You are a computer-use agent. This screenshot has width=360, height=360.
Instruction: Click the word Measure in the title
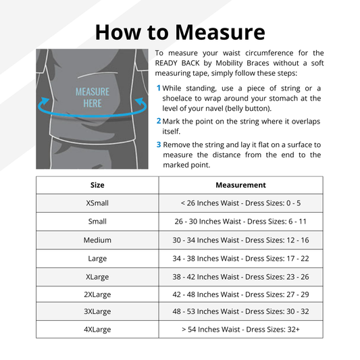coord(220,32)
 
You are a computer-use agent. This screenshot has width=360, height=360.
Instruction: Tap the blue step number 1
coord(159,88)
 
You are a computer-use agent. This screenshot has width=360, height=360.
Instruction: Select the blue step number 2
coord(159,121)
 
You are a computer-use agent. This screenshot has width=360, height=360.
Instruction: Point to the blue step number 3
coord(159,145)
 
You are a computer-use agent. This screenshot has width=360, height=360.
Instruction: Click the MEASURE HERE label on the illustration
coord(93,97)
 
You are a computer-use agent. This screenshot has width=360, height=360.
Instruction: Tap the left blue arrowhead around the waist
coord(45,101)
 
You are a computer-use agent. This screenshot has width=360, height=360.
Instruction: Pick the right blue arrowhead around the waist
coord(139,101)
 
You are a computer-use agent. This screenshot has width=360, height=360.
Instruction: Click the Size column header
coord(97,185)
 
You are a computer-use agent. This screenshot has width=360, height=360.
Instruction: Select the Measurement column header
coord(240,185)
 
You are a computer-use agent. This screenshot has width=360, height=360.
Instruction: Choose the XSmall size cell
coord(97,203)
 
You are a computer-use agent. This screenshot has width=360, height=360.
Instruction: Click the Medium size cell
coord(97,240)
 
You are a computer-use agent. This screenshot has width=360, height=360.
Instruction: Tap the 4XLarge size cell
coord(97,330)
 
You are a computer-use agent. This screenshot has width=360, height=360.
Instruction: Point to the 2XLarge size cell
coord(97,294)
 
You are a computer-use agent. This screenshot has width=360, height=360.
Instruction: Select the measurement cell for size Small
coord(240,222)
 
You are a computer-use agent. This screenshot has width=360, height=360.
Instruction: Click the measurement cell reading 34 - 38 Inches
coord(240,259)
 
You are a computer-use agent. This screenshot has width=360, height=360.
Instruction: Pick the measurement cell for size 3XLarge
coord(240,311)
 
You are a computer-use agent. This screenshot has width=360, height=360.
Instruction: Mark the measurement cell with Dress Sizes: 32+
coord(240,330)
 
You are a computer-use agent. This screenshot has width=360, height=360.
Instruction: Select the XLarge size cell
coord(97,277)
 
